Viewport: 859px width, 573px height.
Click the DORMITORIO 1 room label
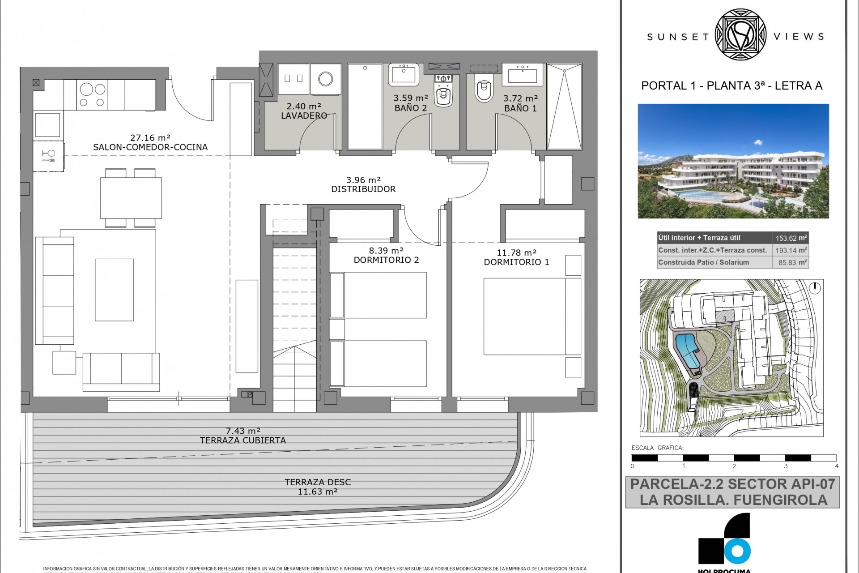(x=516, y=262)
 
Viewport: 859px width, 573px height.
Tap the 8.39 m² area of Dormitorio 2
(x=386, y=251)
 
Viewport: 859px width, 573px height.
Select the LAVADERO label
(x=304, y=116)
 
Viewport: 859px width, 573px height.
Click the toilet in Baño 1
(x=483, y=91)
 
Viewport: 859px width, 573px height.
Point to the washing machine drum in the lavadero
(x=325, y=79)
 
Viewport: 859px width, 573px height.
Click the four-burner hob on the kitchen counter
(x=92, y=95)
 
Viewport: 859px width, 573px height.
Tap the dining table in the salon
(x=131, y=198)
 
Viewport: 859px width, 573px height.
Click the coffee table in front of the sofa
(x=114, y=290)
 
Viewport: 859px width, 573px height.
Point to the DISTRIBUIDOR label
(x=363, y=189)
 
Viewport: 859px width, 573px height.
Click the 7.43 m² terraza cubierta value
(x=242, y=431)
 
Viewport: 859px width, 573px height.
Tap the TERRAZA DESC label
(x=318, y=483)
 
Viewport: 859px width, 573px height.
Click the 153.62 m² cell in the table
(x=791, y=239)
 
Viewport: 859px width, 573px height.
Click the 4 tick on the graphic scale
(x=837, y=466)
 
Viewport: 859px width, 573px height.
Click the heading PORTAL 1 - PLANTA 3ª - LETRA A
(x=731, y=86)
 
